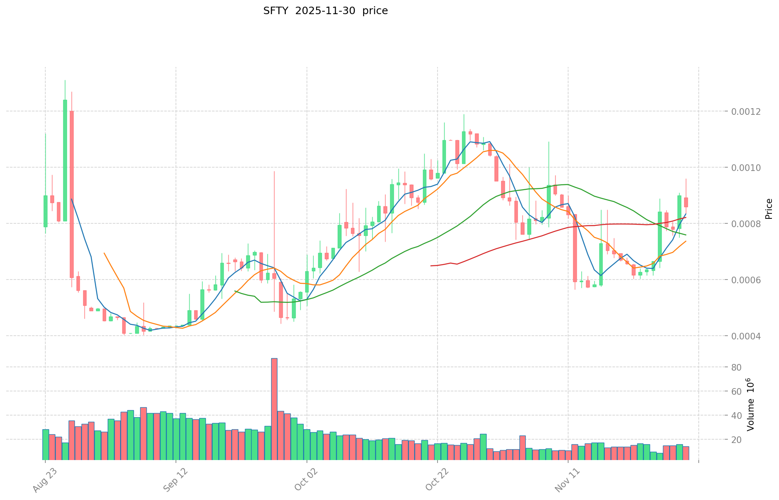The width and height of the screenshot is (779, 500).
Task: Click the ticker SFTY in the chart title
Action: (276, 11)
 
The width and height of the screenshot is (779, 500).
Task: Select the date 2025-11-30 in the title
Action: (325, 11)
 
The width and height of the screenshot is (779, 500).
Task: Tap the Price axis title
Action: (769, 209)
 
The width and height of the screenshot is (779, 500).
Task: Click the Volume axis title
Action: (750, 404)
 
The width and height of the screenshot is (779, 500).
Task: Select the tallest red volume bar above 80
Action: (274, 408)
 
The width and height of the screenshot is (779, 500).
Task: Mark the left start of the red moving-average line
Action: (431, 265)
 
